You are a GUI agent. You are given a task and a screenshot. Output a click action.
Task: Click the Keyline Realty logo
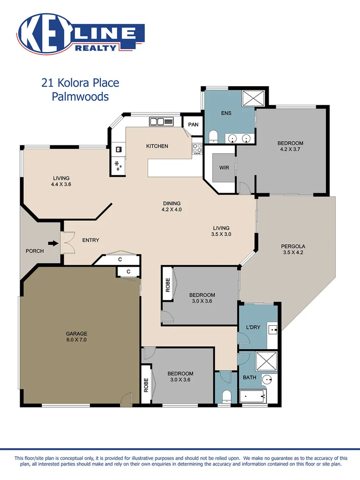click(81, 34)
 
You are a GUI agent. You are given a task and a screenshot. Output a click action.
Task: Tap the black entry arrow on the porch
click(54, 243)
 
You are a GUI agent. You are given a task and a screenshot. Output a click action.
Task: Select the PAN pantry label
click(193, 125)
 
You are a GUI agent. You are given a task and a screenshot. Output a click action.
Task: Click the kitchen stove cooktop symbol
click(197, 149)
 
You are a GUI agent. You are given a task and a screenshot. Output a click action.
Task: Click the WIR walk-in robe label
click(224, 167)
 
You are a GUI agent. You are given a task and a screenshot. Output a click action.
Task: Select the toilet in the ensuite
click(213, 136)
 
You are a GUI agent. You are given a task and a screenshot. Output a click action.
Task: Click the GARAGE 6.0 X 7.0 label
click(76, 337)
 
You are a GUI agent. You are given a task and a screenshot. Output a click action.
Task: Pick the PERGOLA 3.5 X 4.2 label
click(293, 249)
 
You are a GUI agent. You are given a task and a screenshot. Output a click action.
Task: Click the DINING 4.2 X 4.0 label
click(172, 207)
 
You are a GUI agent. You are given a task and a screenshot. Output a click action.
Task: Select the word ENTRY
click(91, 240)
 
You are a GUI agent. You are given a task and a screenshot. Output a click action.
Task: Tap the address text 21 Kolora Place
click(80, 83)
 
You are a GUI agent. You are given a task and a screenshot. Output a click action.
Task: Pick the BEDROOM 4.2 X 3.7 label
click(290, 146)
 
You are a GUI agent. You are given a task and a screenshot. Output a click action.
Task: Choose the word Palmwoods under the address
click(80, 97)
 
